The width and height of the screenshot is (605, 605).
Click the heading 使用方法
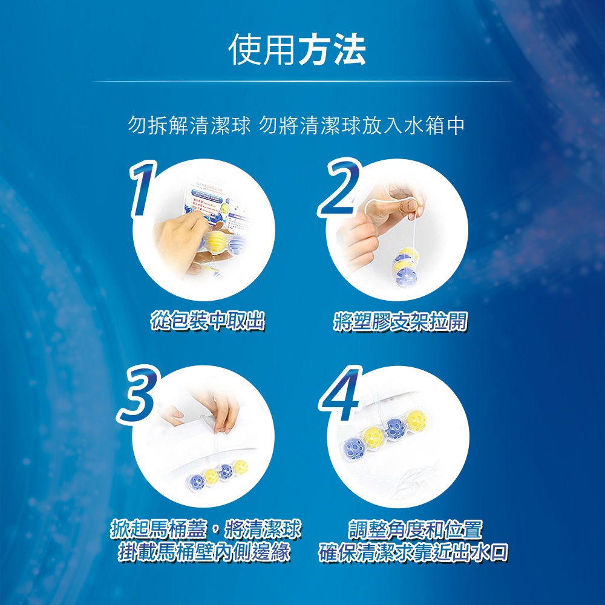coord(297,50)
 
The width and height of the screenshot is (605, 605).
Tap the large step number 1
coord(143,189)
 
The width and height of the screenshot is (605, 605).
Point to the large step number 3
coord(138,394)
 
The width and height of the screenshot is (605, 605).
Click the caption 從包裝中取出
coord(208,321)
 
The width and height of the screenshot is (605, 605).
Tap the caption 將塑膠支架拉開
coord(400,321)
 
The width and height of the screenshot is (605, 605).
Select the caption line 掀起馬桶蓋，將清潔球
coord(206,529)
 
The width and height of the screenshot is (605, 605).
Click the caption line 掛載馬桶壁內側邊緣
coord(204,552)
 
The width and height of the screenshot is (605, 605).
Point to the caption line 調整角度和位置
coord(415,529)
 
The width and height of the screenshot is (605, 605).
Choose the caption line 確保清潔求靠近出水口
coord(413,552)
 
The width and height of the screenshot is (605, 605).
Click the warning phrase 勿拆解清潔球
coord(189,125)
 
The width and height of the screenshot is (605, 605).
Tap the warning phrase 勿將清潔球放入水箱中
coord(362,125)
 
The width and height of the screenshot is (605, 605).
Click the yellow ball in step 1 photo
coord(216,241)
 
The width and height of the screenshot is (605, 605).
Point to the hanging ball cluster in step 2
coord(405,266)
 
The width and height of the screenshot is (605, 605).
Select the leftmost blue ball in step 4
coord(354,449)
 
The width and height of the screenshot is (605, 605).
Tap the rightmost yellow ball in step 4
coord(417,420)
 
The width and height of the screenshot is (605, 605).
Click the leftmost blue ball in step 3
coord(195,482)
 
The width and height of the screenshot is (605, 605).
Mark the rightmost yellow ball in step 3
coord(240,467)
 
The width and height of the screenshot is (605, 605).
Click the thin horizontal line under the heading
coord(302,82)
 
